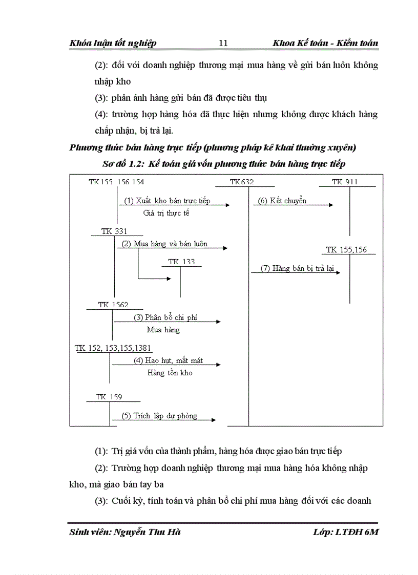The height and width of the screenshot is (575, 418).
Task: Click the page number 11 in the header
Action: [x=223, y=43]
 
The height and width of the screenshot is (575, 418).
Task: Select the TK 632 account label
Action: [x=242, y=182]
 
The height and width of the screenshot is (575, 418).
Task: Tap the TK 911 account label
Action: [x=345, y=182]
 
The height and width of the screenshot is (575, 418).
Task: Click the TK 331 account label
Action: [x=114, y=231]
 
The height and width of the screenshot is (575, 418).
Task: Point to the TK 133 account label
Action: [x=181, y=262]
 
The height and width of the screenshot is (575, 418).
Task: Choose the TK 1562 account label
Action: [x=114, y=305]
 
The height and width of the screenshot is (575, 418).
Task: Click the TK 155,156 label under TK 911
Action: [x=346, y=250]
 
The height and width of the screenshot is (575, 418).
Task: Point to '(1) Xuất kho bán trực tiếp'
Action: [x=167, y=201]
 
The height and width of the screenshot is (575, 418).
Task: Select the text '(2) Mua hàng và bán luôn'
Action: [x=164, y=244]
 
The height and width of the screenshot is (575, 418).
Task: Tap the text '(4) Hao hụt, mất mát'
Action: [x=168, y=360]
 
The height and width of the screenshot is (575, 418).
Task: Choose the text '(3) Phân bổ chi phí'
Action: [x=165, y=317]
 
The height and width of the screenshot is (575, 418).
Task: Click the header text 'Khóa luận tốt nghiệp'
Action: [x=113, y=43]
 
